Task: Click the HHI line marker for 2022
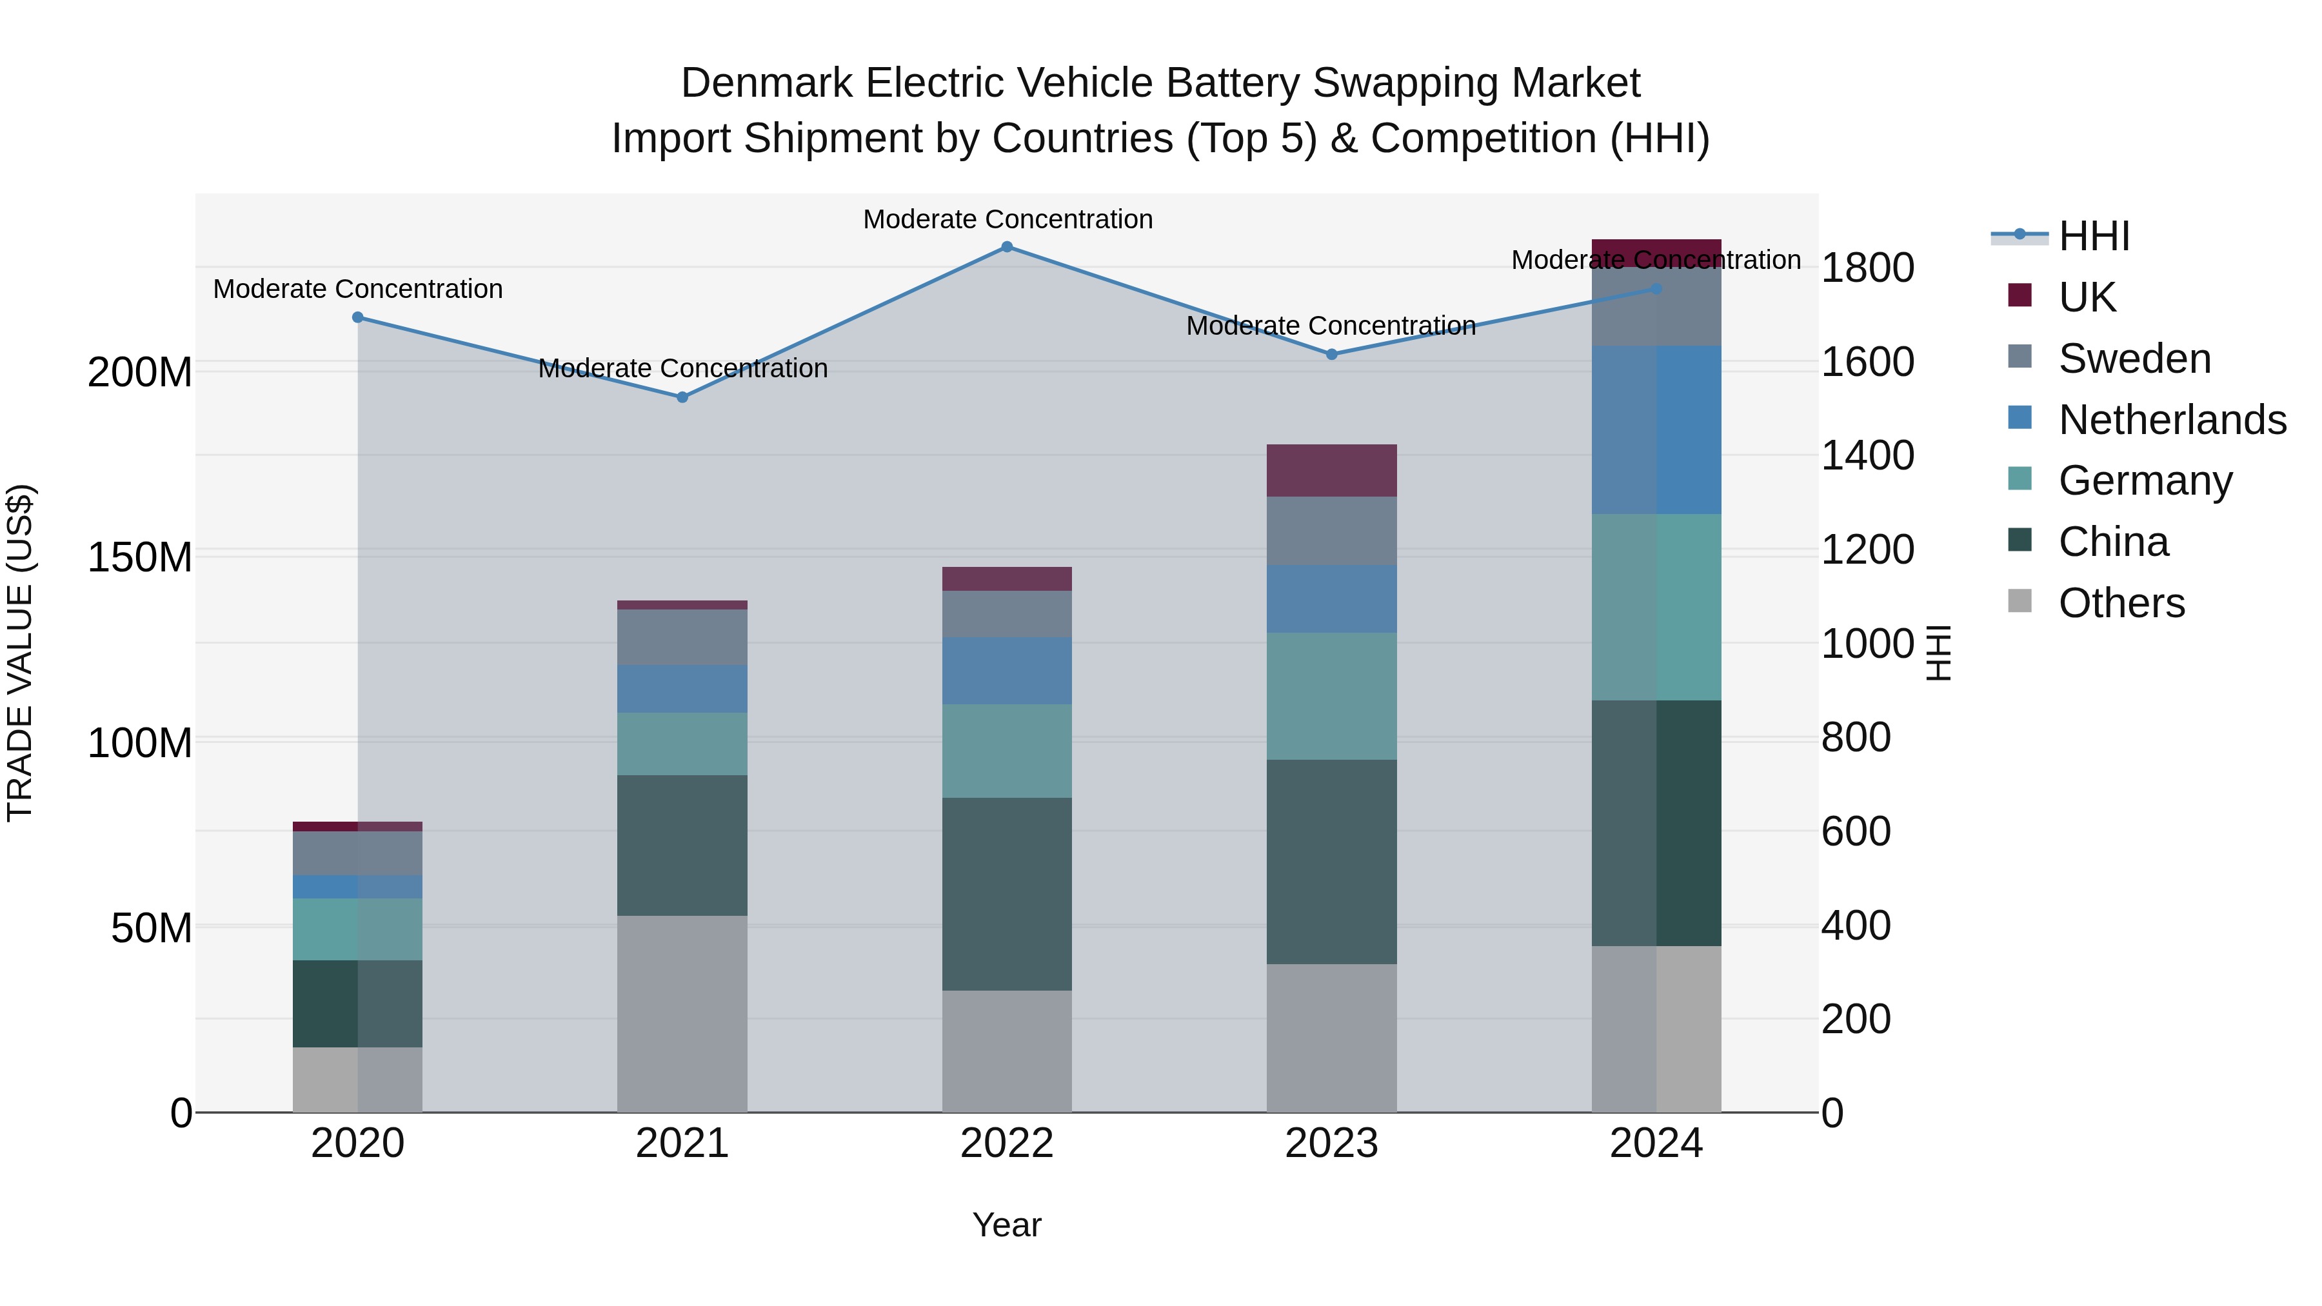pyautogui.click(x=1007, y=247)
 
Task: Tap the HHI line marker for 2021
pyautogui.click(x=682, y=397)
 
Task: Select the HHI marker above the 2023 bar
pyautogui.click(x=1331, y=354)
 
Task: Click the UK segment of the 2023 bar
pyautogui.click(x=1331, y=471)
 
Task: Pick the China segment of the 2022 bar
pyautogui.click(x=1007, y=894)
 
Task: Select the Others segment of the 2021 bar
pyautogui.click(x=682, y=1014)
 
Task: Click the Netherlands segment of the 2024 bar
pyautogui.click(x=1656, y=430)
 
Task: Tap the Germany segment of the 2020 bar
pyautogui.click(x=358, y=929)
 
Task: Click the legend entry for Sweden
pyautogui.click(x=2134, y=359)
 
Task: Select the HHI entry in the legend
pyautogui.click(x=2094, y=236)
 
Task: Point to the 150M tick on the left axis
pyautogui.click(x=140, y=558)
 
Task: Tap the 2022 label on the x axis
pyautogui.click(x=1007, y=1143)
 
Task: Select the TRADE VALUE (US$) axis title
pyautogui.click(x=20, y=653)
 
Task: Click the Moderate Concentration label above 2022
pyautogui.click(x=1007, y=220)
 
